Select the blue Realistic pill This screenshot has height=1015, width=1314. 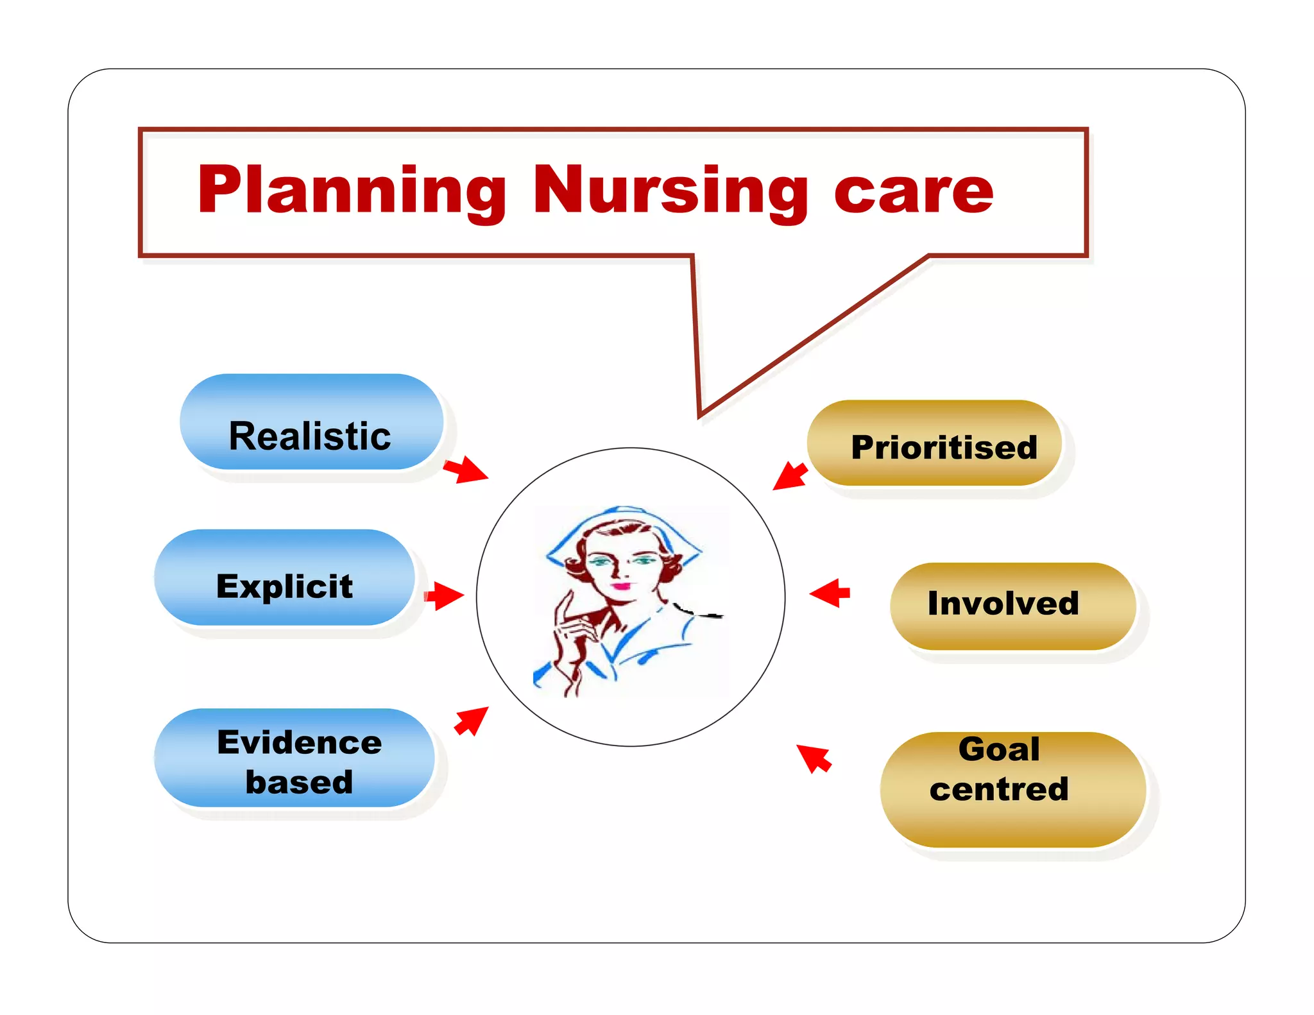[311, 423]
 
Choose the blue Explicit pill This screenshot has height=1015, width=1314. [284, 577]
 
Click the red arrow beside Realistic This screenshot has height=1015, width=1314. [466, 470]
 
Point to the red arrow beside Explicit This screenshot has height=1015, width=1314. [443, 595]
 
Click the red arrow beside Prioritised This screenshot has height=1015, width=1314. [790, 476]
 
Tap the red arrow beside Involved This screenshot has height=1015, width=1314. [831, 593]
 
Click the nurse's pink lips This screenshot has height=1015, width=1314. [621, 586]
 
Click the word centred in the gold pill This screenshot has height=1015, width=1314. [998, 790]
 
